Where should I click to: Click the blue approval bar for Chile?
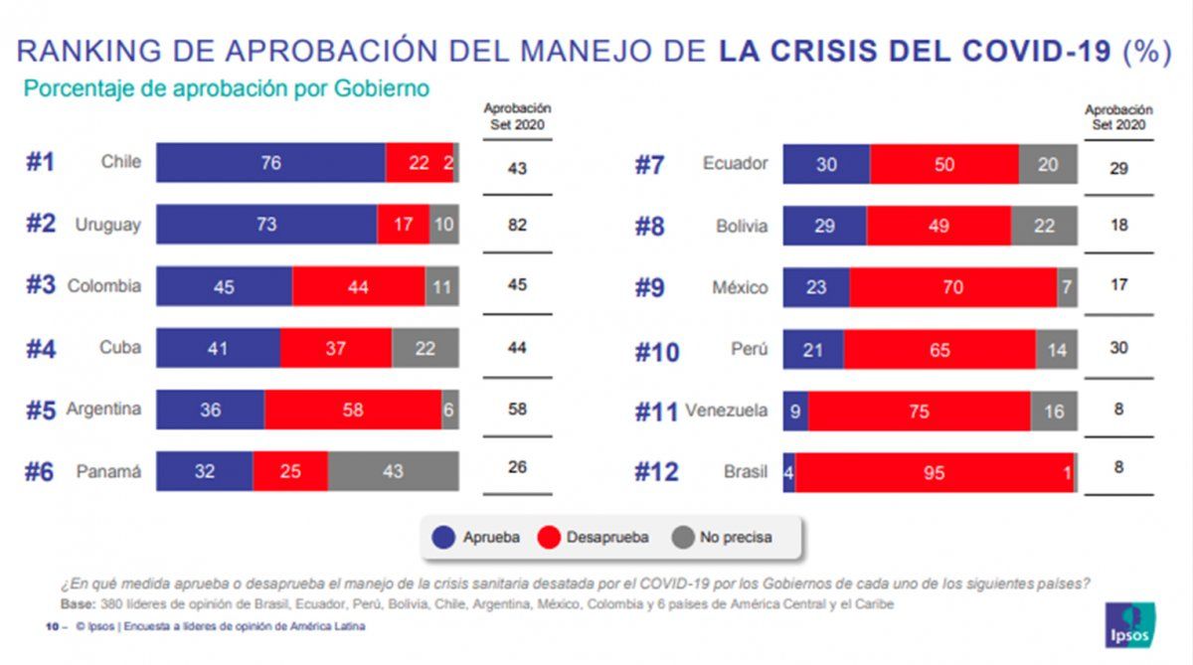click(x=270, y=163)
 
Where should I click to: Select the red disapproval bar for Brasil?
click(x=934, y=473)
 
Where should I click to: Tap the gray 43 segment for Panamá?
click(x=394, y=471)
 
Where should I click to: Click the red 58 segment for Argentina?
click(x=353, y=410)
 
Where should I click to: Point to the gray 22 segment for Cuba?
click(x=426, y=348)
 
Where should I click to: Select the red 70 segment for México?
click(x=953, y=287)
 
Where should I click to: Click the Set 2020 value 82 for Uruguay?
click(x=517, y=226)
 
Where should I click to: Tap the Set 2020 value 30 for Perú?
click(x=1118, y=349)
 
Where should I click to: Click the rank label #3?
click(x=40, y=286)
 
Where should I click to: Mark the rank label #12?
click(x=656, y=473)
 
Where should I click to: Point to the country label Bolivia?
click(x=742, y=226)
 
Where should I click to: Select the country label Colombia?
click(x=104, y=286)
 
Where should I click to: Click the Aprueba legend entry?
click(x=477, y=538)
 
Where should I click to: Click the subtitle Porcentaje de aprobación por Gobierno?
click(x=226, y=88)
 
